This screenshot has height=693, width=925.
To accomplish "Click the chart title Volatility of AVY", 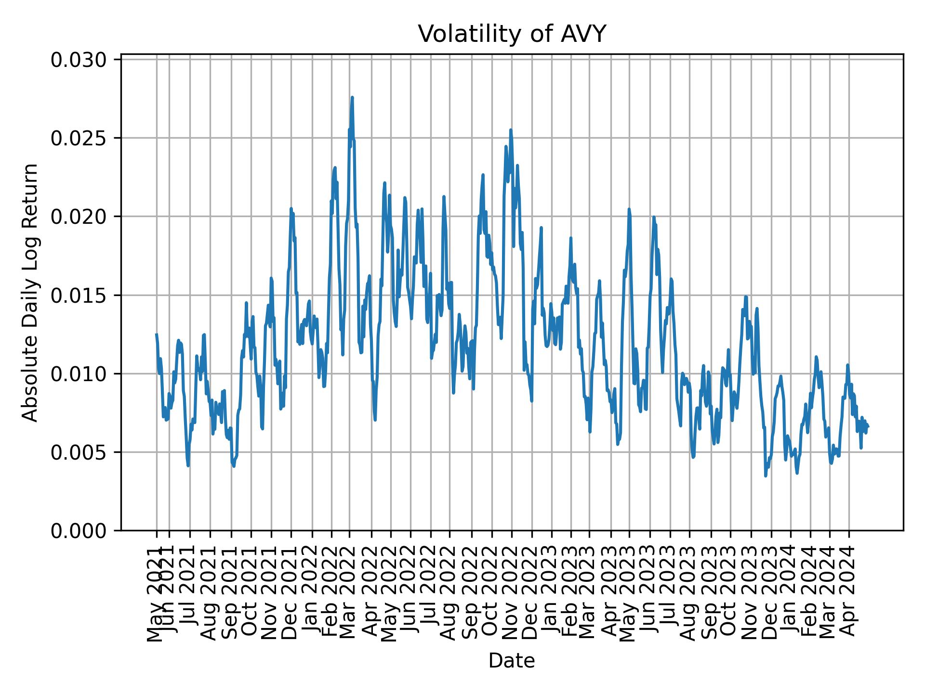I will click(511, 34).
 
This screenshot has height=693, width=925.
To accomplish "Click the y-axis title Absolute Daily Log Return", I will click(31, 292).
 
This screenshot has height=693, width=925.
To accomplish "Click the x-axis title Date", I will click(511, 661).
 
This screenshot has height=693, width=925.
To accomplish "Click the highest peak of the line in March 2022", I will click(352, 98).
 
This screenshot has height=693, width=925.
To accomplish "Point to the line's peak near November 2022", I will click(510, 130).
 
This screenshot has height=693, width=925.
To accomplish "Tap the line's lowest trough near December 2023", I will click(765, 476).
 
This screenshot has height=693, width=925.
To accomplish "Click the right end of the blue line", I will click(868, 426).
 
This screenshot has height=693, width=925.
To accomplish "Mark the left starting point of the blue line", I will click(156, 334).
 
